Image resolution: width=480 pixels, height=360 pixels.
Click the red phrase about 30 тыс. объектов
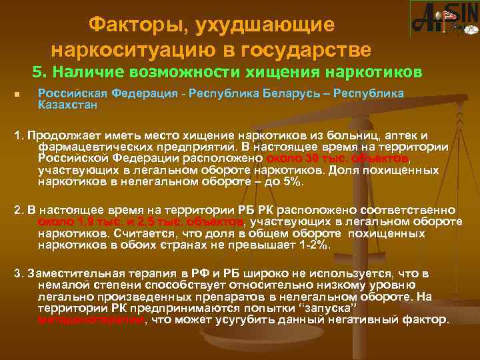337,157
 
